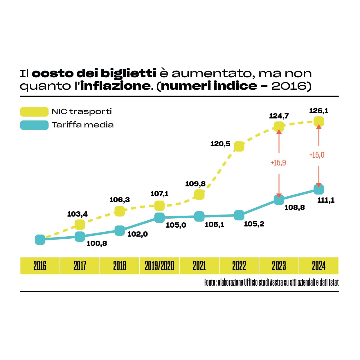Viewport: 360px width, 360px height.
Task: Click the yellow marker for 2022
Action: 239,146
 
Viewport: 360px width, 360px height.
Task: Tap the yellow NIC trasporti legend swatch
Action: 34,112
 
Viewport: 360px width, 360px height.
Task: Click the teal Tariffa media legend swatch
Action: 34,125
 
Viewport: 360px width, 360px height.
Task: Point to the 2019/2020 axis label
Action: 159,266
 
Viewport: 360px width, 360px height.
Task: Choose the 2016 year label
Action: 40,266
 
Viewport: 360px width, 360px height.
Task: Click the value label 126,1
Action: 318,111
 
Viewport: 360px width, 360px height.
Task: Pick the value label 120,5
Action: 220,144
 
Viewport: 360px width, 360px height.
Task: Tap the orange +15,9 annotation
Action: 278,163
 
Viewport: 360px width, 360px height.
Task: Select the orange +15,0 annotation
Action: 317,155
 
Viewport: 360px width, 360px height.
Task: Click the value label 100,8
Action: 97,244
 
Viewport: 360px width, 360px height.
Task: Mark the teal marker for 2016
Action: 40,240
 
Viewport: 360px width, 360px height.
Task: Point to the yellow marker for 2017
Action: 80,224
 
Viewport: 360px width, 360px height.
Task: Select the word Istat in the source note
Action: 334,282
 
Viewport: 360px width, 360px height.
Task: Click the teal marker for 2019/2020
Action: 159,217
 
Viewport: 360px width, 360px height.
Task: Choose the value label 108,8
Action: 294,208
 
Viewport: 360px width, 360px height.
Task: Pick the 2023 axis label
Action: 279,266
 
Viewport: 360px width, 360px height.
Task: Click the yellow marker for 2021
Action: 199,194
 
